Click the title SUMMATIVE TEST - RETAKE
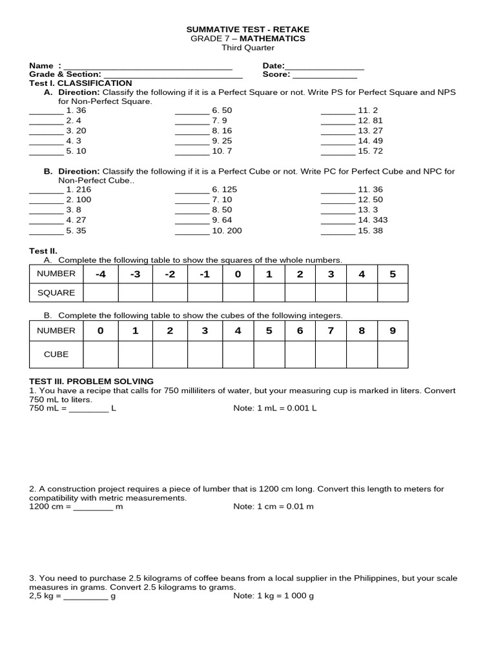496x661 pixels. click(x=248, y=30)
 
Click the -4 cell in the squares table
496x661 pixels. click(x=101, y=274)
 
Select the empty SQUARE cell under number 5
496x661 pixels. click(x=393, y=292)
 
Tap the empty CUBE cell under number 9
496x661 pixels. click(x=393, y=354)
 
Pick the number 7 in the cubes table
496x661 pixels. click(x=331, y=330)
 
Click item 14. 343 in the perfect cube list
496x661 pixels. click(x=373, y=220)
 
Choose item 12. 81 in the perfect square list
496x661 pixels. click(x=370, y=121)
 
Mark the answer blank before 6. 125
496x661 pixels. click(x=192, y=190)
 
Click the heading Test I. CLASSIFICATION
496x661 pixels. click(x=81, y=83)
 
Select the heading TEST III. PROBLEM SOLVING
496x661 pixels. click(x=91, y=381)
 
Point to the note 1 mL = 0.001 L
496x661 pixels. click(x=274, y=409)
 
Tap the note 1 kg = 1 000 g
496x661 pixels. click(x=273, y=596)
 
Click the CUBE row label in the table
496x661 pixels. click(x=56, y=354)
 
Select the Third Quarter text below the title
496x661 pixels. click(x=248, y=48)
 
